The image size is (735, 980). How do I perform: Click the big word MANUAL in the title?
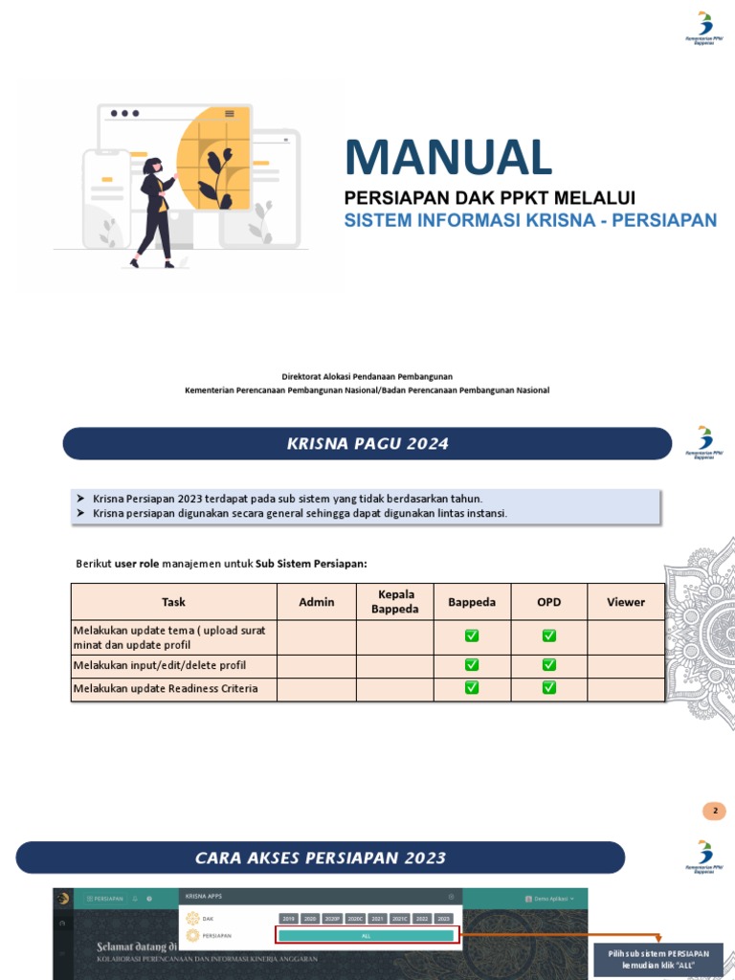click(448, 158)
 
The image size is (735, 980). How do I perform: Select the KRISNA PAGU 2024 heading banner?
click(367, 444)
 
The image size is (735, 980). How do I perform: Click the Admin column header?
click(317, 602)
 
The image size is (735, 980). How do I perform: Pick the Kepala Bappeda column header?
click(395, 602)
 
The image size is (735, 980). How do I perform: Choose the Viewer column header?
click(626, 602)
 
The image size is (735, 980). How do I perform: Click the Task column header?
click(173, 602)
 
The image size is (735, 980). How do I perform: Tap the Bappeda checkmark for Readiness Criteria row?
click(472, 688)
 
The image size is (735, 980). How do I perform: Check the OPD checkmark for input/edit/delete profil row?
click(548, 665)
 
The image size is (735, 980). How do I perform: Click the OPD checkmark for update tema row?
click(548, 636)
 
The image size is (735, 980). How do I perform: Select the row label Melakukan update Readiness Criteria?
click(166, 689)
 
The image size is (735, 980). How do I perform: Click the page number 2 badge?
click(714, 812)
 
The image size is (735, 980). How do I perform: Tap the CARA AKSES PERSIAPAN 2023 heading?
click(321, 857)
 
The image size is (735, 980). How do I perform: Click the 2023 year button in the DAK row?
click(443, 919)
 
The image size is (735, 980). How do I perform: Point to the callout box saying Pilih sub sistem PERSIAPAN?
click(658, 960)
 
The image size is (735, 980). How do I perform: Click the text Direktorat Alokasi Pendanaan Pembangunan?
click(367, 377)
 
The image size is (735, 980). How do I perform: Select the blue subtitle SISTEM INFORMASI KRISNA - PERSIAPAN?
click(530, 221)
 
